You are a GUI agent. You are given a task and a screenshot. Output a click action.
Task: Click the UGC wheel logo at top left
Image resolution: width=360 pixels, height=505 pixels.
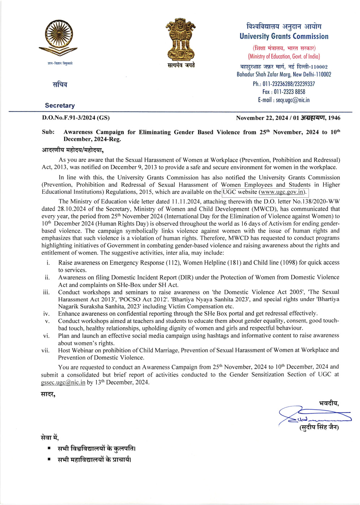click(x=58, y=38)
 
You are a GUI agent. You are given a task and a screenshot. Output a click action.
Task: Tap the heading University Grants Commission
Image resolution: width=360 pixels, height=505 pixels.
click(x=284, y=37)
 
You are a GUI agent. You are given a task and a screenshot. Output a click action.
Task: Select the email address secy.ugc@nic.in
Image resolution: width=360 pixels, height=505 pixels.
click(x=292, y=100)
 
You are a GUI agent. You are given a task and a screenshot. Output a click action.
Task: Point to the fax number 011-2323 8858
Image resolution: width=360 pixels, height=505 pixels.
click(x=289, y=92)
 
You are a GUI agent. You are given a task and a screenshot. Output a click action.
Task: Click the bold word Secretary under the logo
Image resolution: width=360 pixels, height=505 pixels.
click(x=60, y=106)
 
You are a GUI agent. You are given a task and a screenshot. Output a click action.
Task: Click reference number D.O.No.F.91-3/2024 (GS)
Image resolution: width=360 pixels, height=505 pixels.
click(x=76, y=118)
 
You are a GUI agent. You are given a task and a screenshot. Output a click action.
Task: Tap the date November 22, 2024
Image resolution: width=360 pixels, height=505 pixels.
click(x=262, y=118)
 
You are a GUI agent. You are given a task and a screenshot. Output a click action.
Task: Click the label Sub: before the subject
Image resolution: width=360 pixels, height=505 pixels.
click(x=48, y=132)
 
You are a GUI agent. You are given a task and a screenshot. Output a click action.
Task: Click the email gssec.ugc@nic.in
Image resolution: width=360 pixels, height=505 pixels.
click(x=63, y=382)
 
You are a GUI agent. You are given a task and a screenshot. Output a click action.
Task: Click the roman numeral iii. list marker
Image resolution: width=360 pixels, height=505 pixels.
click(x=46, y=292)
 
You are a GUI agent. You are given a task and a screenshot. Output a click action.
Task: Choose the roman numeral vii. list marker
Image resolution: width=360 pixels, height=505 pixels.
click(x=46, y=350)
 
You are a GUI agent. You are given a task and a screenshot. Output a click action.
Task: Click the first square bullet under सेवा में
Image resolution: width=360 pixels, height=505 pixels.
click(x=49, y=449)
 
